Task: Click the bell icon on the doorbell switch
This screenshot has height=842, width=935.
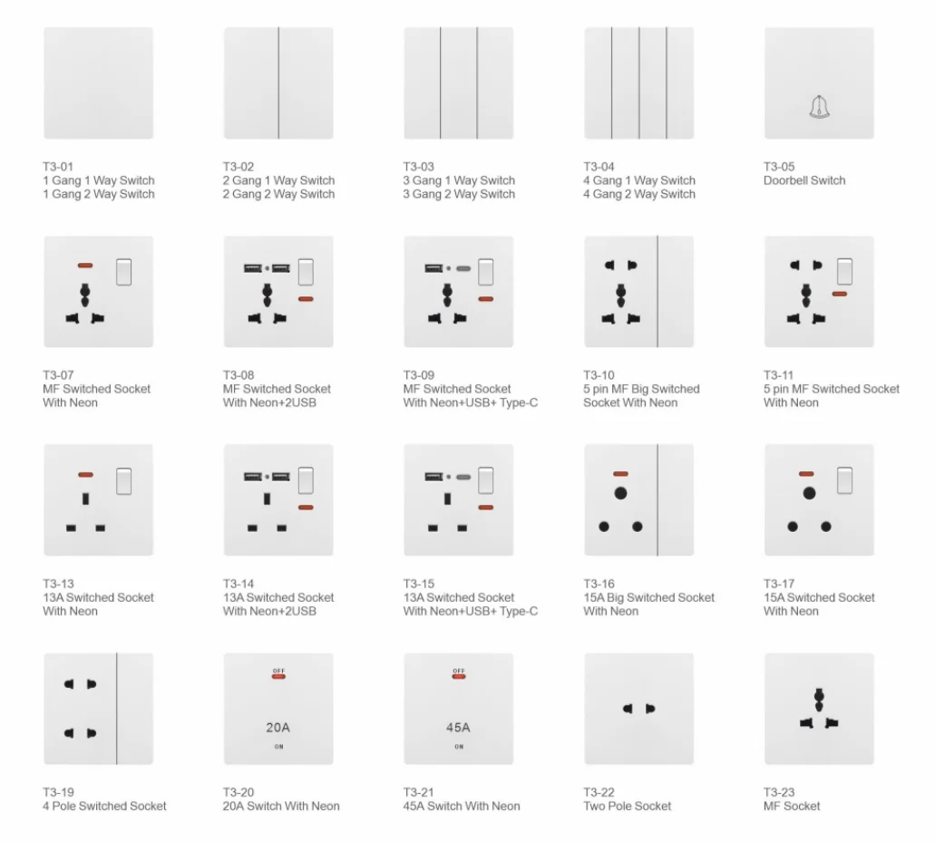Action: (819, 107)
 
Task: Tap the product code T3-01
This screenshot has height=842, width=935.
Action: (58, 167)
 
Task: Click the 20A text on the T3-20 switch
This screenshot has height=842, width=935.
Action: (278, 728)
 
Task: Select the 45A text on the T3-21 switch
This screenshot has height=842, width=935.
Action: (458, 728)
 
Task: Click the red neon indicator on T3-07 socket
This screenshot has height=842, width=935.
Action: (85, 266)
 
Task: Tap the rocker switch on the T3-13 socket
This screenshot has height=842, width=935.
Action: (124, 481)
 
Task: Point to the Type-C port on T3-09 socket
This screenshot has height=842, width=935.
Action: (463, 269)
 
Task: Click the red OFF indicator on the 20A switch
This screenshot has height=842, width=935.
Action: (278, 676)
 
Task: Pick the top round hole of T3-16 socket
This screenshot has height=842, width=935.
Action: (620, 493)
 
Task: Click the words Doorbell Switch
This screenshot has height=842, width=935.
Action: (804, 180)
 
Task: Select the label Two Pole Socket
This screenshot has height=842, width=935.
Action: (628, 807)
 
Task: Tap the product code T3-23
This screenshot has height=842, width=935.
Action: (779, 792)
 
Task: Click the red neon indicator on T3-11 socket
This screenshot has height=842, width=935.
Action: (840, 294)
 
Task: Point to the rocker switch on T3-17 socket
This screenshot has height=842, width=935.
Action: (845, 480)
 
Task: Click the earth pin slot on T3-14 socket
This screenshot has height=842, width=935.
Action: (268, 498)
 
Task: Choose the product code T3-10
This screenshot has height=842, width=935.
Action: (599, 375)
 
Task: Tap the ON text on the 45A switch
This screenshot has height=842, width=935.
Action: (459, 747)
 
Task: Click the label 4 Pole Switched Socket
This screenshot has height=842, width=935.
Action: (104, 807)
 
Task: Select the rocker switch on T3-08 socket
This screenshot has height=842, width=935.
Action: (306, 272)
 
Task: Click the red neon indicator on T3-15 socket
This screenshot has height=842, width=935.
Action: (486, 508)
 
